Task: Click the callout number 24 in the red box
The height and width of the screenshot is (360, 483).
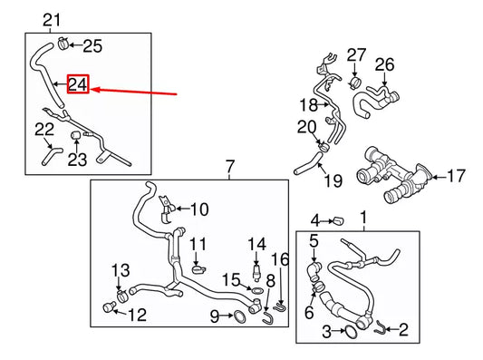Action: pyautogui.click(x=79, y=86)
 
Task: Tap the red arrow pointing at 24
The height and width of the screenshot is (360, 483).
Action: pyautogui.click(x=136, y=92)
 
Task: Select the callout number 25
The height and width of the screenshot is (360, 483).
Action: pyautogui.click(x=93, y=44)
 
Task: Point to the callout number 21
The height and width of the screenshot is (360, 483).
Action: pyautogui.click(x=53, y=20)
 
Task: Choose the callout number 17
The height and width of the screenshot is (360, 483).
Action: pyautogui.click(x=455, y=174)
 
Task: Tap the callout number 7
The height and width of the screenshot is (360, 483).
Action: pyautogui.click(x=230, y=167)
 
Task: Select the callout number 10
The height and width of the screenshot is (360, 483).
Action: pyautogui.click(x=198, y=209)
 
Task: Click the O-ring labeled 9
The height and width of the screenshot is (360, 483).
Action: pyautogui.click(x=237, y=316)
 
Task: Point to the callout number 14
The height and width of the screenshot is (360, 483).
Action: pyautogui.click(x=257, y=243)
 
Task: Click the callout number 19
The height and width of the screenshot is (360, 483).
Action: pyautogui.click(x=333, y=181)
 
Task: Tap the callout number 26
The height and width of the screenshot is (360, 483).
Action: pyautogui.click(x=385, y=64)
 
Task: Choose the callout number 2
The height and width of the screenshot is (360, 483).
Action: pyautogui.click(x=404, y=331)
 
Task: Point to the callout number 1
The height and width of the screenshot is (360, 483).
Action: pyautogui.click(x=364, y=218)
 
